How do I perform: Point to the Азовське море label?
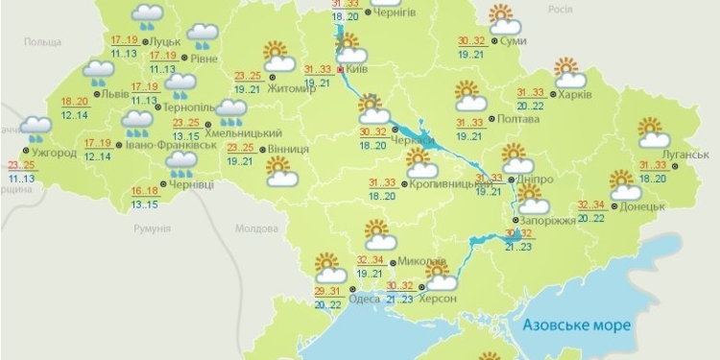[x=577, y=325]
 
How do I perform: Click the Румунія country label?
[x=151, y=228]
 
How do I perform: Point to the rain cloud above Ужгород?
[x=36, y=129]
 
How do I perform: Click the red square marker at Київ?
[x=341, y=69]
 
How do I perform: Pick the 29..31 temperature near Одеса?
[x=327, y=291]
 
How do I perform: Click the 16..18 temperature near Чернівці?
[x=144, y=191]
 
